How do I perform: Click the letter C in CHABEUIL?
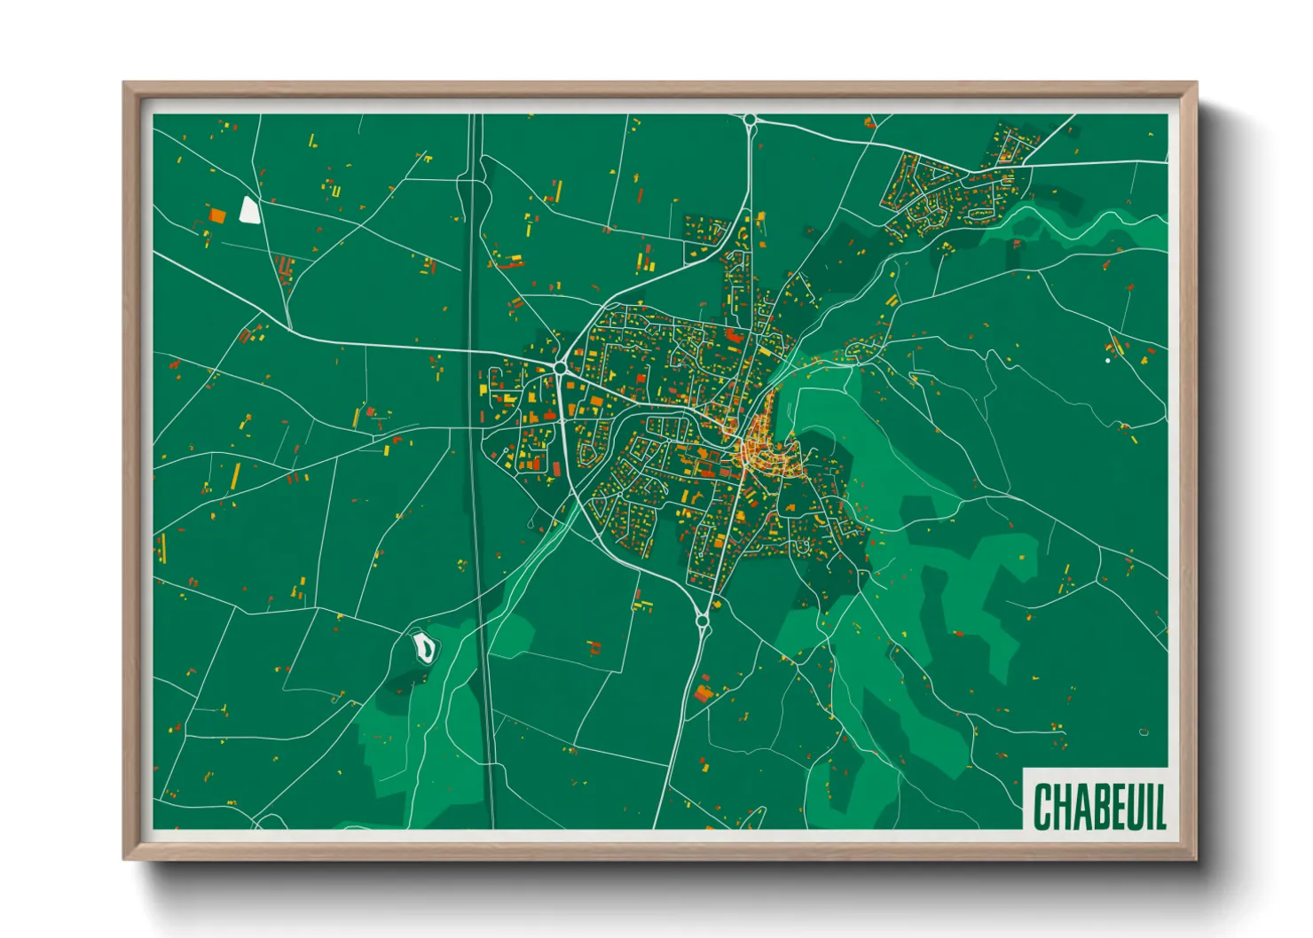[x=1043, y=807]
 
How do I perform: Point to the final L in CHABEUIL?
[x=1159, y=807]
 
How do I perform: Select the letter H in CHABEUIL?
[x=1060, y=807]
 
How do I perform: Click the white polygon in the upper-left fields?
[x=249, y=210]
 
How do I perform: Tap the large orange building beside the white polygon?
[x=217, y=215]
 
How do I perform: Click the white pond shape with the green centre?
[x=426, y=647]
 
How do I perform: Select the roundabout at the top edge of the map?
[x=750, y=119]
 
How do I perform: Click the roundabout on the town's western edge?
[x=561, y=367]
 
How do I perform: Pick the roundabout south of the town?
[x=703, y=622]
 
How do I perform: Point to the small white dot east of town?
[x=1107, y=361]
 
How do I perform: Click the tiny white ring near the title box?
[x=1144, y=732]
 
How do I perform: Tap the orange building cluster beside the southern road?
[x=704, y=692]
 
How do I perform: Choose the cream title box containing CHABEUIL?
[x=1096, y=800]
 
